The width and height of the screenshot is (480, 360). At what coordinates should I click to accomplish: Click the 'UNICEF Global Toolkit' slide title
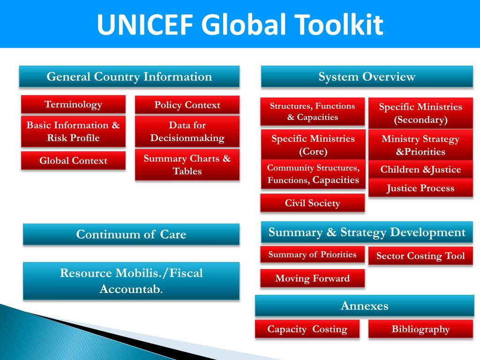(240, 24)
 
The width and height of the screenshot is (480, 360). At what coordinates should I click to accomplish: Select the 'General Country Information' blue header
(129, 76)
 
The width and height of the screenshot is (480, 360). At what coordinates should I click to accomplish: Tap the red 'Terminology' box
(73, 104)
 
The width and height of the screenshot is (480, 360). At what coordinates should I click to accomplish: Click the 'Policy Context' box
(187, 105)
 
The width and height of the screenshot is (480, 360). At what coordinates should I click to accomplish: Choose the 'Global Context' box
(73, 161)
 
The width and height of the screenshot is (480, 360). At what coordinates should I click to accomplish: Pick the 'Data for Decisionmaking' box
(187, 132)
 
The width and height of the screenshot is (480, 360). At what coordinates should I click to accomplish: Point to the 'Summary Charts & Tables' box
(187, 165)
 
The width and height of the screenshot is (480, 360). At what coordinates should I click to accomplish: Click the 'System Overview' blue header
(367, 77)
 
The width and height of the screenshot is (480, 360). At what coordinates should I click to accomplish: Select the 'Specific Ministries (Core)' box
(313, 145)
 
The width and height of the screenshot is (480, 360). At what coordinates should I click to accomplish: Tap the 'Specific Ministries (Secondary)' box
(420, 113)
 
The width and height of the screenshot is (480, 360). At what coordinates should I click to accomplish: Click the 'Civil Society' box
(313, 203)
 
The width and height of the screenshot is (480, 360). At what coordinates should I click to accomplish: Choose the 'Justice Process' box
(420, 188)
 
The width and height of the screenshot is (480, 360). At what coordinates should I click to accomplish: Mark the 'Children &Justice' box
(420, 169)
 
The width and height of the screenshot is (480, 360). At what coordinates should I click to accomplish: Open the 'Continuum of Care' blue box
(131, 234)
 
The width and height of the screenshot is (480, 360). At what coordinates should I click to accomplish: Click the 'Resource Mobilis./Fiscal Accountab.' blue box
(131, 281)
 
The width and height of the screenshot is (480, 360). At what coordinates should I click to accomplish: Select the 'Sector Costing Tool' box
(420, 256)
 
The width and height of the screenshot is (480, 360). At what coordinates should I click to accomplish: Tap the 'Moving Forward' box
(313, 278)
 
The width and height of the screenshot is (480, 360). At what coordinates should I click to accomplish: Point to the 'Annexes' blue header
(365, 306)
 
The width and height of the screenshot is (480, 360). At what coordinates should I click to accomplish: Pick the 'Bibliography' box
(420, 329)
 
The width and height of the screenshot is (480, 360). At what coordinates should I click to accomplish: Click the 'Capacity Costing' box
(307, 329)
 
